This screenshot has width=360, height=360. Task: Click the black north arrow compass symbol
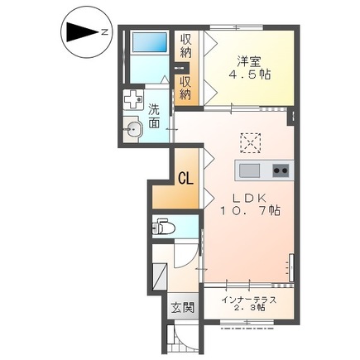80,32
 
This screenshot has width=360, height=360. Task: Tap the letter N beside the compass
105,32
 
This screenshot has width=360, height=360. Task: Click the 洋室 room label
249,60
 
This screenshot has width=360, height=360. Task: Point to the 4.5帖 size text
249,74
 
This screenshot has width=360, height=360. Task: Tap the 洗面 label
155,116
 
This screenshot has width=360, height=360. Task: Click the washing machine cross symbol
132,100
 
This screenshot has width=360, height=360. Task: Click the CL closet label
185,177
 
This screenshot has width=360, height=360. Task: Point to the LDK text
248,196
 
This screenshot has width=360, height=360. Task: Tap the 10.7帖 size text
249,211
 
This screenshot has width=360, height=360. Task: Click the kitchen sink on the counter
248,171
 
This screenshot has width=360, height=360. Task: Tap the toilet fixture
164,224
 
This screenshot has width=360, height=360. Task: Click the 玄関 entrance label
182,308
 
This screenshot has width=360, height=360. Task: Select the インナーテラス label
249,299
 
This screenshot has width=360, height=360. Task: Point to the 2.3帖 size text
249,309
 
